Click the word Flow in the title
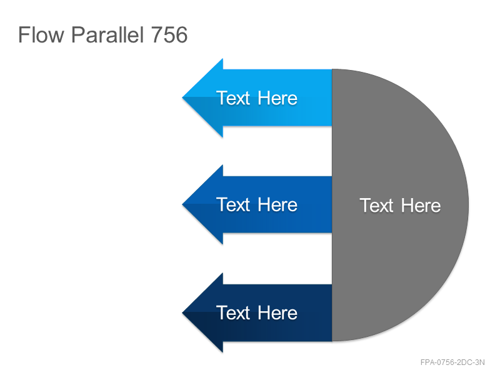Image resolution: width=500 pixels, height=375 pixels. [x=41, y=34]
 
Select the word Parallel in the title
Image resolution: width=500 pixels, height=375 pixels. [x=107, y=34]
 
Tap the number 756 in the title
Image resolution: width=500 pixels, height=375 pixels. [x=169, y=34]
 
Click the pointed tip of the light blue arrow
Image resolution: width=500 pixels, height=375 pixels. [x=182, y=97]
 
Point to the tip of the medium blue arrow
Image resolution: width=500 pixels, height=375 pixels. [x=182, y=204]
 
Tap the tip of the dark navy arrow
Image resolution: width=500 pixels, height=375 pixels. [x=182, y=312]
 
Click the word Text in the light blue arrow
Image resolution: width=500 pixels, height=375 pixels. [x=233, y=98]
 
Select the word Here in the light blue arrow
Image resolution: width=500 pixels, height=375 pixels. [x=277, y=98]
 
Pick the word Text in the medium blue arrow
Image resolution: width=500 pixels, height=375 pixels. [x=233, y=204]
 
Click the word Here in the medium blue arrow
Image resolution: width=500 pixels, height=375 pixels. [x=277, y=204]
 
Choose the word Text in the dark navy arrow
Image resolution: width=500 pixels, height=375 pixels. [x=233, y=312]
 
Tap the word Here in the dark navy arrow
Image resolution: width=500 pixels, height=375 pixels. [x=277, y=312]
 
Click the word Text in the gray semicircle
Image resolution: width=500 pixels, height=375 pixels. [x=377, y=206]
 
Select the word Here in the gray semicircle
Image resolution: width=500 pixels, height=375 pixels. [x=421, y=206]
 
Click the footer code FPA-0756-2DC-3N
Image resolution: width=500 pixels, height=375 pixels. [x=452, y=362]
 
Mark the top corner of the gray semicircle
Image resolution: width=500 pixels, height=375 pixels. [x=332, y=69]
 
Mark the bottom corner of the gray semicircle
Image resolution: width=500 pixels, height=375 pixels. [x=332, y=341]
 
